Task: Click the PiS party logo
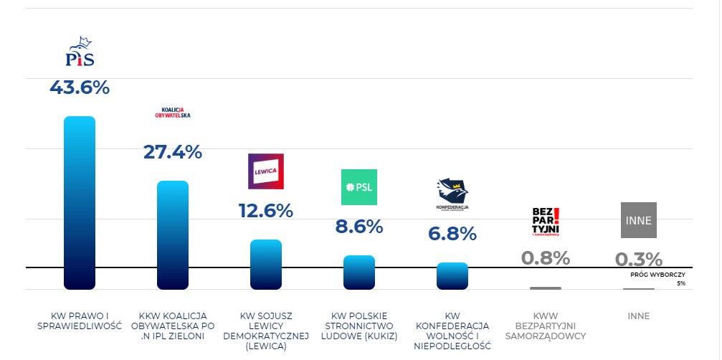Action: (x=80, y=52)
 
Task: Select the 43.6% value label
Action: (x=80, y=87)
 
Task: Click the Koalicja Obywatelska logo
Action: (x=172, y=113)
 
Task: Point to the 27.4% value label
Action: (x=172, y=152)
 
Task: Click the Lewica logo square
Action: (x=265, y=171)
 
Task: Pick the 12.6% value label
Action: (x=265, y=211)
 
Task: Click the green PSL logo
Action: (x=358, y=188)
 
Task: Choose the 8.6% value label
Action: (x=358, y=227)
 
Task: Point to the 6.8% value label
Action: (x=452, y=234)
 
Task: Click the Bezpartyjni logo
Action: (x=545, y=221)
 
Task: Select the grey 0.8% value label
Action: (x=545, y=258)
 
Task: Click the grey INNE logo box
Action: (x=638, y=220)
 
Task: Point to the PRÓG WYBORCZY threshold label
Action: (x=657, y=275)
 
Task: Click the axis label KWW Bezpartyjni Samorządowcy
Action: (x=545, y=326)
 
